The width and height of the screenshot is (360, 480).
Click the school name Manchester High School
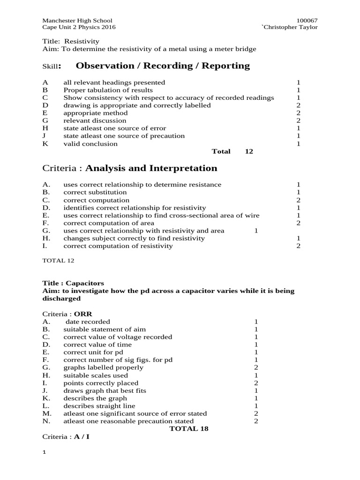[x=77, y=21]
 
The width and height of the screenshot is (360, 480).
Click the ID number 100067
[x=307, y=21]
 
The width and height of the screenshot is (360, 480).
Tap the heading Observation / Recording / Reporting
[x=163, y=66]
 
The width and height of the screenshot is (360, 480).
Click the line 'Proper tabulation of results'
[x=108, y=90]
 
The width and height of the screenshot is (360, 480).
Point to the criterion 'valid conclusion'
[x=90, y=144]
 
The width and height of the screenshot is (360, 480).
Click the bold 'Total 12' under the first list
[x=232, y=151]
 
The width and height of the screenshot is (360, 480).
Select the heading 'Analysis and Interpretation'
[x=151, y=168]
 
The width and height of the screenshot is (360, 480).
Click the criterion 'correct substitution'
[x=95, y=192]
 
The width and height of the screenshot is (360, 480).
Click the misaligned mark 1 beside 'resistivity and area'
[x=256, y=231]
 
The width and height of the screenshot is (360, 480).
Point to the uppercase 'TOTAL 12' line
[x=58, y=260]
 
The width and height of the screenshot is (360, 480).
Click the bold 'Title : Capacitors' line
[x=73, y=283]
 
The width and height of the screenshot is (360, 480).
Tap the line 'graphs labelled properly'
[x=103, y=367]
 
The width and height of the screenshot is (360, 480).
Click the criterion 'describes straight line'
[x=99, y=406]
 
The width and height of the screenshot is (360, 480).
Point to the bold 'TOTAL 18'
[x=188, y=428]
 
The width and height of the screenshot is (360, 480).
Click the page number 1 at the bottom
[x=44, y=452]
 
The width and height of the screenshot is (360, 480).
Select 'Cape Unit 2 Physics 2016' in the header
[x=79, y=27]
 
